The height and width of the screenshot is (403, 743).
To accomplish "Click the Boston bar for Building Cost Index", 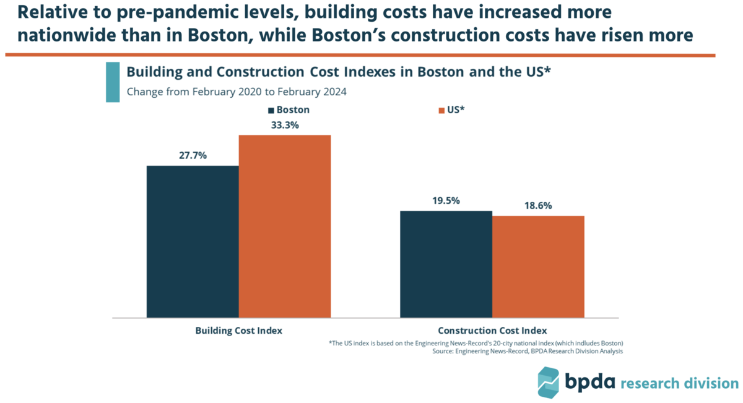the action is click(193, 242).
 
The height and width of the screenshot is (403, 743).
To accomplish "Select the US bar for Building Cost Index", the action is click(285, 227).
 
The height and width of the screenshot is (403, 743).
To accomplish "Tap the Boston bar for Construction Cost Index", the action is click(446, 264).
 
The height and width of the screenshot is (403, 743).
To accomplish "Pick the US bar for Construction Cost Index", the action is click(538, 267).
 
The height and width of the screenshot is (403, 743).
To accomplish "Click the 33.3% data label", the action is click(285, 125).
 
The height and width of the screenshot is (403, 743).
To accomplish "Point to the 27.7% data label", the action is click(193, 155).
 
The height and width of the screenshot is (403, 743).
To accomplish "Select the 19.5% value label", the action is click(446, 201).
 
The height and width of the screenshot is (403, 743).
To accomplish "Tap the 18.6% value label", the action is click(538, 206).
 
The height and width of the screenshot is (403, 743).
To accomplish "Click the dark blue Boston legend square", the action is click(271, 110).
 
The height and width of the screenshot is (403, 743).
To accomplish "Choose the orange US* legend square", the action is click(441, 110).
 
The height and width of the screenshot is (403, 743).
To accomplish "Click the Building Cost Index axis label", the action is click(239, 331).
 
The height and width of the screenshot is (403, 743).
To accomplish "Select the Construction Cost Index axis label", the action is click(492, 331).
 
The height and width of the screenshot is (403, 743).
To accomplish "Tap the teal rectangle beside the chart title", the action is click(113, 82).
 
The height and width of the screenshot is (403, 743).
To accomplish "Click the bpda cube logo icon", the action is click(549, 383).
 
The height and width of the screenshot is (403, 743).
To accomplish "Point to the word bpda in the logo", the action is click(589, 381).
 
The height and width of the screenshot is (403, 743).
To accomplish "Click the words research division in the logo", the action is click(680, 383).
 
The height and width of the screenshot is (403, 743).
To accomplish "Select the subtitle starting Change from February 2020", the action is click(237, 92).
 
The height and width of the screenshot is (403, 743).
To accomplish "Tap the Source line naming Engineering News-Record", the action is click(528, 351).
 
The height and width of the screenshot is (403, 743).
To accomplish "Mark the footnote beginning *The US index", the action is click(476, 344).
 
